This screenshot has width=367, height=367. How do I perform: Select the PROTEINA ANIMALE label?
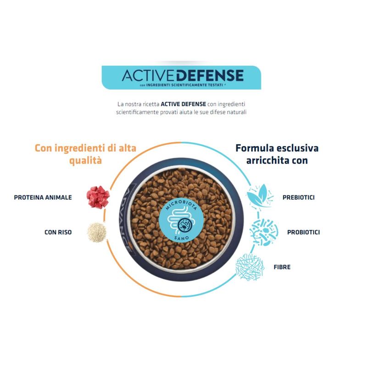(43, 197)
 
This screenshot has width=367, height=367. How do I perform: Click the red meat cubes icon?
(98, 196)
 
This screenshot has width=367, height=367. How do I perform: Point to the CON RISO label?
(58, 232)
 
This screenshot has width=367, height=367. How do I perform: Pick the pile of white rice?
(97, 232)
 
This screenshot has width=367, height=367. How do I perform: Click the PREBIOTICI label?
(299, 198)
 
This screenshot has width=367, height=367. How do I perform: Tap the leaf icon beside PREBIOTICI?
(260, 196)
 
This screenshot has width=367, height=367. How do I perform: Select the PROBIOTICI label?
(303, 232)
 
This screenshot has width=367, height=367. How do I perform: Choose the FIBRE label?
(282, 267)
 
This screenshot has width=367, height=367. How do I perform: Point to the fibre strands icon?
(250, 266)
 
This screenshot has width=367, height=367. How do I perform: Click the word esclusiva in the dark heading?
(299, 148)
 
